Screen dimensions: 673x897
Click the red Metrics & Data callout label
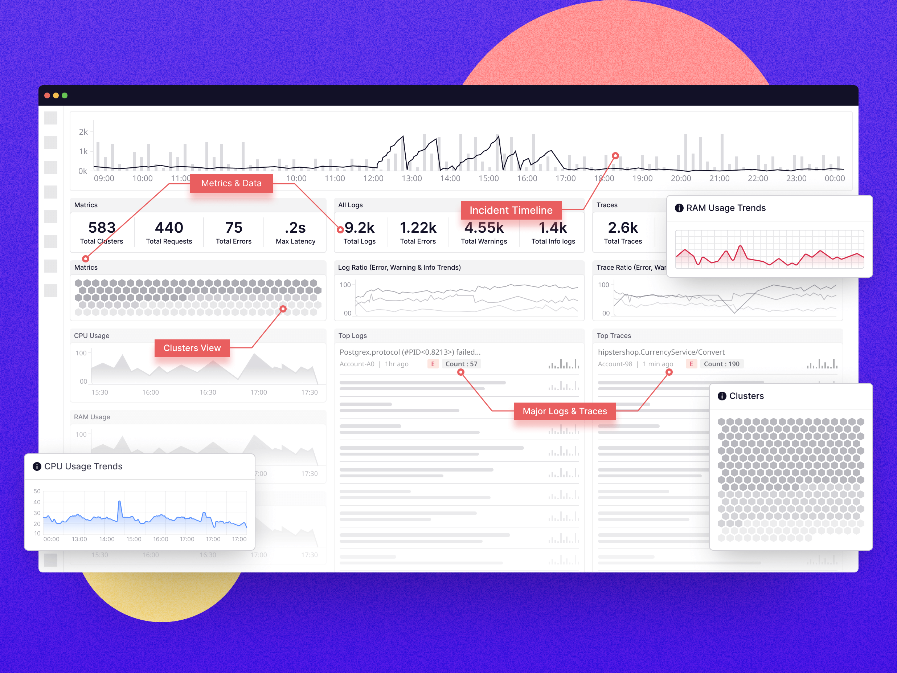coord(231,183)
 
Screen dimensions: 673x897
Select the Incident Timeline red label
coord(511,210)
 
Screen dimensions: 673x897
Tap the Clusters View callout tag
coord(192,348)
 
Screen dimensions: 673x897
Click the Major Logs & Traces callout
coord(565,411)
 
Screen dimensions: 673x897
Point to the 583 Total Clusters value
coord(102,228)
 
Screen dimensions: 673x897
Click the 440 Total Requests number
coord(169,228)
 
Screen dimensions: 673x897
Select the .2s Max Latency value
coord(295,228)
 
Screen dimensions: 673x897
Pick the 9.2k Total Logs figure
coord(359,228)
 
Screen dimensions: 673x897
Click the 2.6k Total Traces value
coord(623,228)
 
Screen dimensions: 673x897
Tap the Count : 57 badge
coord(461,364)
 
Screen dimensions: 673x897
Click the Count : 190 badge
coord(721,364)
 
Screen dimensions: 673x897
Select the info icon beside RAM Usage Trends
coord(679,208)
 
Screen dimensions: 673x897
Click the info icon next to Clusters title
coord(722,396)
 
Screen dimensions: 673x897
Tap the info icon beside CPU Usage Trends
coord(37,466)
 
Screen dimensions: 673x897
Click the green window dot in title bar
coord(65,96)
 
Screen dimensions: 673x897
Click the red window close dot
coord(47,96)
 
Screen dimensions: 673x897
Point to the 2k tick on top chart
coord(83,132)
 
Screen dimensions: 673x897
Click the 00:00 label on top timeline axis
coord(835,179)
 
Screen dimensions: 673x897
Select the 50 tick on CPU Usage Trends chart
coord(37,491)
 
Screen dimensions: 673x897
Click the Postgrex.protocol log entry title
coord(410,352)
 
